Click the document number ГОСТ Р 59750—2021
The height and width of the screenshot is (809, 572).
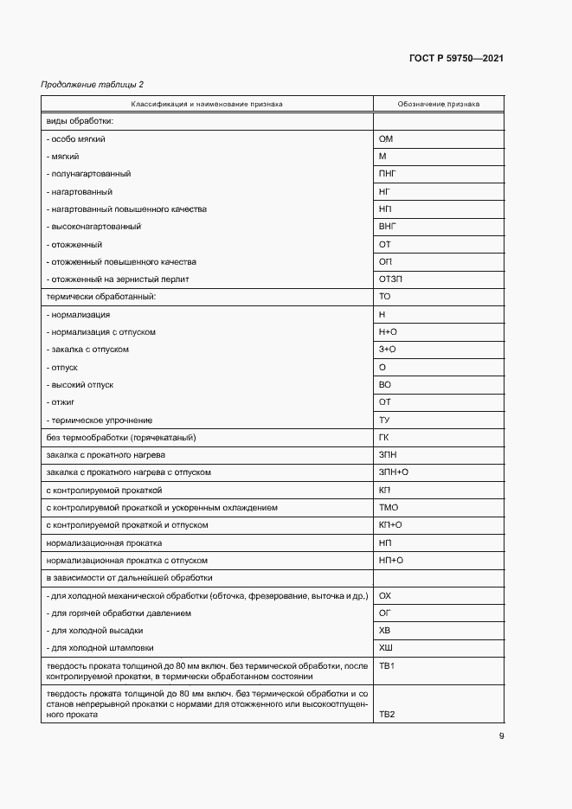point(455,59)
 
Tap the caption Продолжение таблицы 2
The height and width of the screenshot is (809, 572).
point(93,84)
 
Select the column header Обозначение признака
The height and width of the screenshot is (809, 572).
point(438,104)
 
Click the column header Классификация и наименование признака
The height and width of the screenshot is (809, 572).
point(207,104)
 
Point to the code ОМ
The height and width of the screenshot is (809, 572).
point(387,138)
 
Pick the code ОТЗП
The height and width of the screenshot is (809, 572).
point(391,279)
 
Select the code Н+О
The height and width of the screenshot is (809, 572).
point(389,332)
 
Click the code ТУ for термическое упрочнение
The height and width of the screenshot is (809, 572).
point(385,420)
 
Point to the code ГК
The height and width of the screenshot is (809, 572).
point(385,438)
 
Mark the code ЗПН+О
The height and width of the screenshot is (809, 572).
point(394,472)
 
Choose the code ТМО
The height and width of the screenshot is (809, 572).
point(389,508)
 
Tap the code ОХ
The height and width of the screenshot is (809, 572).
point(386,595)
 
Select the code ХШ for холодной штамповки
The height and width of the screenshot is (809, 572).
point(386,648)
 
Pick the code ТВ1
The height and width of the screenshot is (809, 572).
point(387,666)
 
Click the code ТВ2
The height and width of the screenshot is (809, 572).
point(387,716)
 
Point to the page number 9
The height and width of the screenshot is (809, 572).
point(501,736)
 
